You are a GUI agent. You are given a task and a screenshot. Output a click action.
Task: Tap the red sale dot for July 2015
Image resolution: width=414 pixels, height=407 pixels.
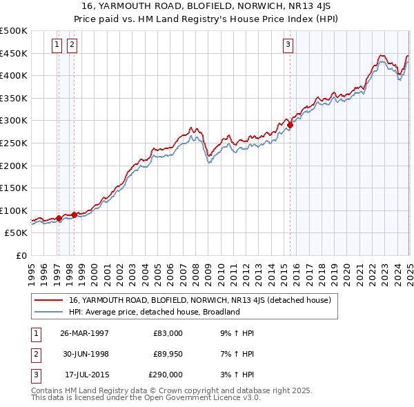tap(290, 126)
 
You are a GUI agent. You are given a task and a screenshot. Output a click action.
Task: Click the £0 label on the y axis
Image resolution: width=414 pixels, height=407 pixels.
tap(21, 255)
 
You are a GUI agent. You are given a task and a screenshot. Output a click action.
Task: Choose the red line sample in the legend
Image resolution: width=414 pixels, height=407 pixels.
tap(50, 301)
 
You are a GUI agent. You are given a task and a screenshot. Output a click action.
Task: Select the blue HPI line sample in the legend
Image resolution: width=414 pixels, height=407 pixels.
tap(50, 312)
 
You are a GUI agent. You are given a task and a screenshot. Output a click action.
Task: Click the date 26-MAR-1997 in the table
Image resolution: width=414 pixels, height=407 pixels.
tap(85, 333)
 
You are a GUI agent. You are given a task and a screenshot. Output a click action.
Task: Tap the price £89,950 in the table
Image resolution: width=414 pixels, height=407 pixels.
tap(168, 354)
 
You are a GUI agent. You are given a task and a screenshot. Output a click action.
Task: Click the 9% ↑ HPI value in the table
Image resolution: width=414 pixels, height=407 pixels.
tap(235, 333)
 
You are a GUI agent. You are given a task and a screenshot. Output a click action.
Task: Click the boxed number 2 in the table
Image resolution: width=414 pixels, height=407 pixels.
tap(34, 354)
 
